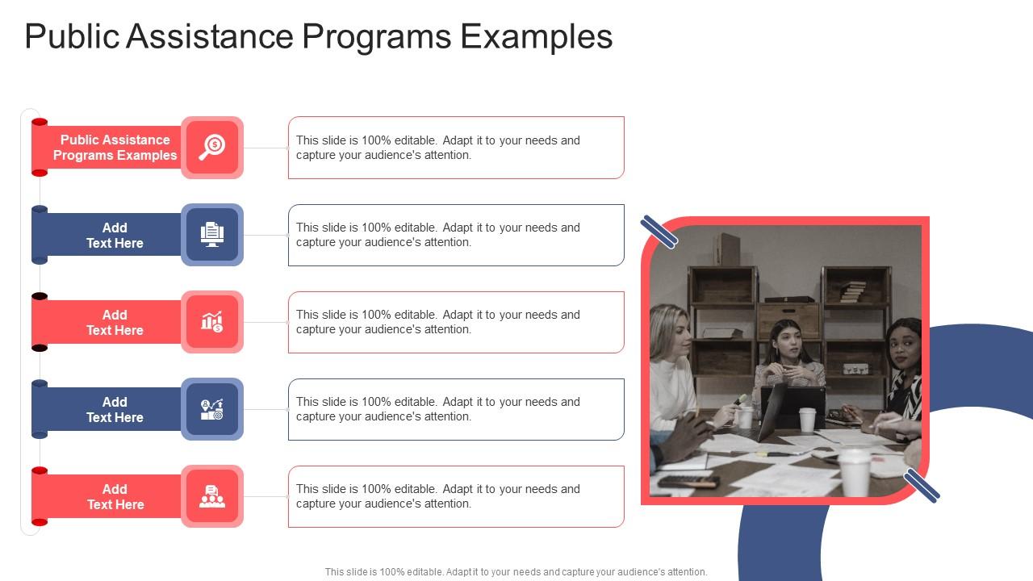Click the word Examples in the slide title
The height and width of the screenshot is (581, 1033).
point(536,37)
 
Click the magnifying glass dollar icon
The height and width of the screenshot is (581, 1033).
point(212,148)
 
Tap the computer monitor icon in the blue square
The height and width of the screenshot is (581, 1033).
point(212,235)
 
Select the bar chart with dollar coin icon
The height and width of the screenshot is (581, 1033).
point(212,322)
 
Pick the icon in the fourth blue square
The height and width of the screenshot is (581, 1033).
point(212,409)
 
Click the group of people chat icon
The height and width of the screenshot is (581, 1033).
point(212,496)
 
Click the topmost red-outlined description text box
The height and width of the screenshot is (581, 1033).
point(456,148)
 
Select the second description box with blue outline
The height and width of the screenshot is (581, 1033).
point(456,235)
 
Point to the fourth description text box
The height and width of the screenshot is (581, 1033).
point(456,409)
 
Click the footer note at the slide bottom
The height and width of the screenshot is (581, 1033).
point(516,572)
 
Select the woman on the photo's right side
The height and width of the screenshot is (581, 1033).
point(904,363)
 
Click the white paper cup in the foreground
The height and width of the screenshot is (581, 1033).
point(854,471)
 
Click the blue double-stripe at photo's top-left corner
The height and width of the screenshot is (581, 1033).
point(659,232)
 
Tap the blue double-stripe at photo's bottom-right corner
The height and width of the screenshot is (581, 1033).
point(921,486)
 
